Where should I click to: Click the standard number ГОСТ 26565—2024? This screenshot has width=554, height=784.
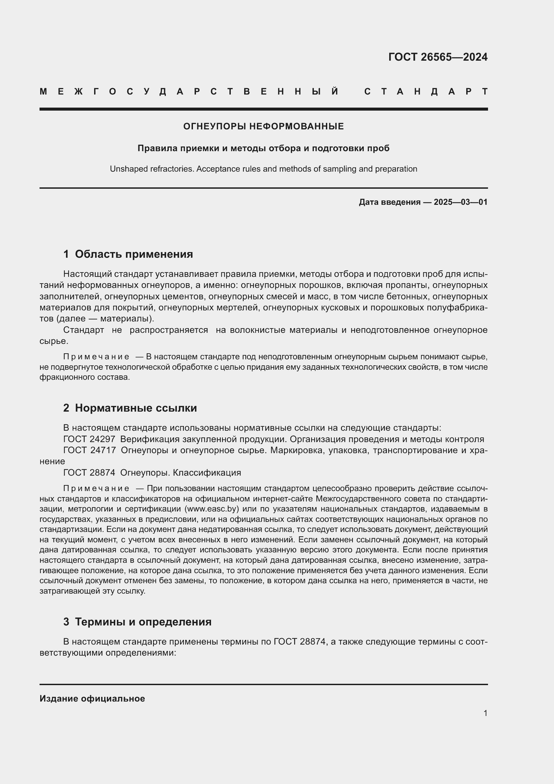point(438,57)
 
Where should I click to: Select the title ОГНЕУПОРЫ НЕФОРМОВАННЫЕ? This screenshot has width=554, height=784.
point(263,126)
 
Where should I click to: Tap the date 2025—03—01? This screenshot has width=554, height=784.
point(460,202)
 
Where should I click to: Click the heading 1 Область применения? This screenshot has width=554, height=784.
point(128,254)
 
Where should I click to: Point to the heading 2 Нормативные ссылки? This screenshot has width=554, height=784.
point(130,408)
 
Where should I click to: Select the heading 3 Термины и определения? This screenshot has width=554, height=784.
point(137,622)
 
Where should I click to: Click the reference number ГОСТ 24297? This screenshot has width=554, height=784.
point(89,439)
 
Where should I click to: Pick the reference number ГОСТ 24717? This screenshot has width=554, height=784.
point(89,450)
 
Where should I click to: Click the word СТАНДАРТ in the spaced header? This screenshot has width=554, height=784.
point(426,92)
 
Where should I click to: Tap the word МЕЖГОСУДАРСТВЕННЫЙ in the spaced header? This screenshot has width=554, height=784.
point(189,92)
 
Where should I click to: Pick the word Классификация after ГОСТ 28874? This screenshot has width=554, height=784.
point(207,473)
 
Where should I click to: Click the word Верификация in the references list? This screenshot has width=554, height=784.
point(149,439)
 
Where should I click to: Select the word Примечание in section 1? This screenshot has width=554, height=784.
point(96,357)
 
